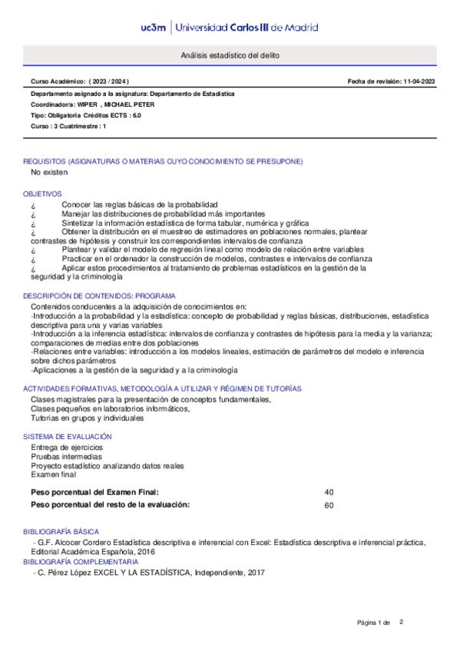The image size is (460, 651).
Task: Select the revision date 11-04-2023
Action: point(417,81)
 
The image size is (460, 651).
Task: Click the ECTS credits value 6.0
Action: point(137,115)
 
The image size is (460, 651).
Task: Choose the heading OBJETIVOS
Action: point(42,194)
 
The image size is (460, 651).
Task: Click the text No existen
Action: point(48,173)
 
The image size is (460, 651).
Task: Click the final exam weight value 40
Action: point(329,491)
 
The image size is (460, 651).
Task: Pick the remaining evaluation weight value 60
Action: point(329,504)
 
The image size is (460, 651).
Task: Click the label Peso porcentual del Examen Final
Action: point(94,491)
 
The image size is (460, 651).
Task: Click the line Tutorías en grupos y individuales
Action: point(87,418)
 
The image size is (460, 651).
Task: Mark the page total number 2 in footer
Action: point(401,622)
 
